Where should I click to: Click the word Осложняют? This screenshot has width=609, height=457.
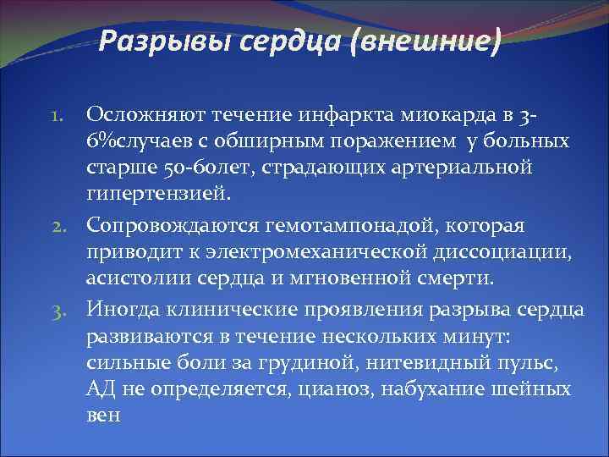[152, 114]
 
